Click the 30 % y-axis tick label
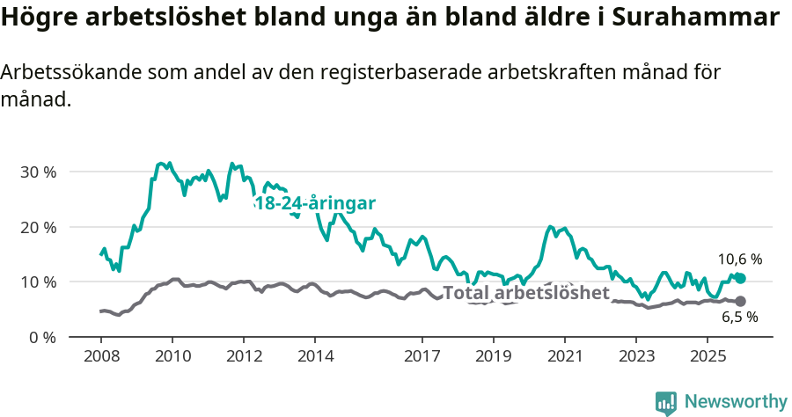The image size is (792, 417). [38, 172]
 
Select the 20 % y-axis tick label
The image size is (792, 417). [38, 227]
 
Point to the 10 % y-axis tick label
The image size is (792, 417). [38, 282]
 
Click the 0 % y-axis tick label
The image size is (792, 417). [42, 337]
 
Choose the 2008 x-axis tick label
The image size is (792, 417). [100, 357]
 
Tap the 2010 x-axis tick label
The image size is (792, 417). [172, 357]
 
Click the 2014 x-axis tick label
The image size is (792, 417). [315, 357]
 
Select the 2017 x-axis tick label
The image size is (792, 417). [422, 357]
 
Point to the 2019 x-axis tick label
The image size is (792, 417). [493, 357]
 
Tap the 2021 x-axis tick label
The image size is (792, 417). [565, 357]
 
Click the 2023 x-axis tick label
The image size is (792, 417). [636, 357]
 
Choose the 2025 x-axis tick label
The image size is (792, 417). [708, 357]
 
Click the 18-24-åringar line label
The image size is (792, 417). [314, 203]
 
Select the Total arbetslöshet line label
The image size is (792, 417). [525, 293]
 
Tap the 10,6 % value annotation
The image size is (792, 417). [739, 260]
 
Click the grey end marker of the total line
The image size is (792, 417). [740, 301]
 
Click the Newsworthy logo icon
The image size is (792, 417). [666, 402]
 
